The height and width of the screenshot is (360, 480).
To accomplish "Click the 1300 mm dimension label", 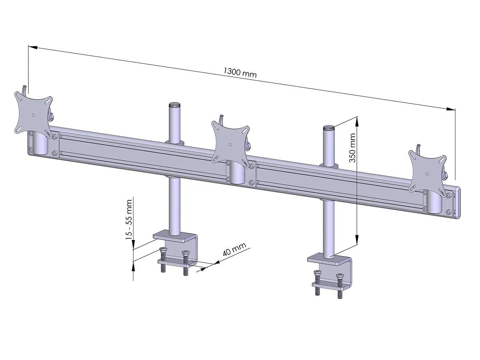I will coord(240,72).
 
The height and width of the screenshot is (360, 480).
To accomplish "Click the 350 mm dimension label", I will coord(352,148).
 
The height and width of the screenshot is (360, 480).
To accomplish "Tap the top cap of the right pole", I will coord(328,128).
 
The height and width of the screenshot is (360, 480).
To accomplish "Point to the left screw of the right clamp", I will coord(317,283).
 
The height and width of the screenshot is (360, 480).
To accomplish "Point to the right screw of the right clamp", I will coord(340,286).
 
